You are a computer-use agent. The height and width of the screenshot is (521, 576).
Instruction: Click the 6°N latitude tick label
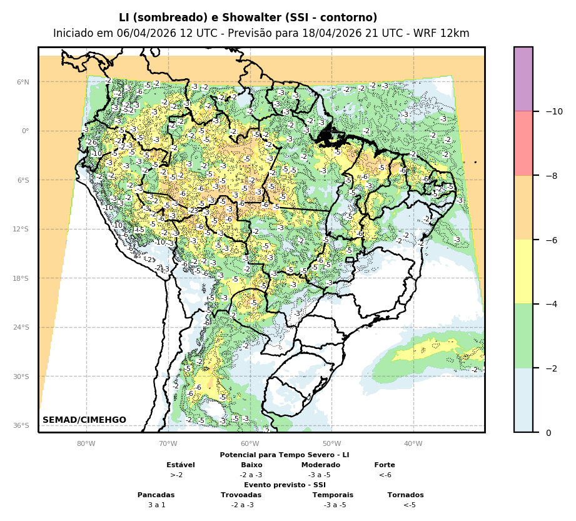[23, 82]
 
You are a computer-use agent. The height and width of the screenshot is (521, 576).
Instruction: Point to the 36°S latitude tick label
[22, 425]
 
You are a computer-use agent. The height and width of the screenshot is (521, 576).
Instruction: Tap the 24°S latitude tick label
[22, 327]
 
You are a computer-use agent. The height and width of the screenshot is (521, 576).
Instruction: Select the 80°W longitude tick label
[86, 444]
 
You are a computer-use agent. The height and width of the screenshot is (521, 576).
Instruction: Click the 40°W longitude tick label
[413, 444]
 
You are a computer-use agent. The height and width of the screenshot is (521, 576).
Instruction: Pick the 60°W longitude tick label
[250, 444]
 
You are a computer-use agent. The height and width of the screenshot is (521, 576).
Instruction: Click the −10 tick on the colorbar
[553, 111]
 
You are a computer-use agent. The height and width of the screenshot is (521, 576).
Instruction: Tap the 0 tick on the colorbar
[548, 433]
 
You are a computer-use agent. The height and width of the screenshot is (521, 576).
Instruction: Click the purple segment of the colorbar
[523, 79]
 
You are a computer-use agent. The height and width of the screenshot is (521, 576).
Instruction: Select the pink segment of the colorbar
[523, 143]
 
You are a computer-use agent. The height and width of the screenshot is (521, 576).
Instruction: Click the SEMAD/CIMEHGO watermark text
[84, 420]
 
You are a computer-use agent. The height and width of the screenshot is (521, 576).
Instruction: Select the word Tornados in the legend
[405, 495]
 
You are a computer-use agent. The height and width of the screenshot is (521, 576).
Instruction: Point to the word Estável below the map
[181, 465]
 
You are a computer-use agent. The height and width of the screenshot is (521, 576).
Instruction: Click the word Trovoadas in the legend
[241, 495]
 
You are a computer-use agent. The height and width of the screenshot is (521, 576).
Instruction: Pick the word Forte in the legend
[385, 465]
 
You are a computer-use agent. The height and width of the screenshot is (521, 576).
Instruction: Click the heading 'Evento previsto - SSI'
[285, 485]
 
